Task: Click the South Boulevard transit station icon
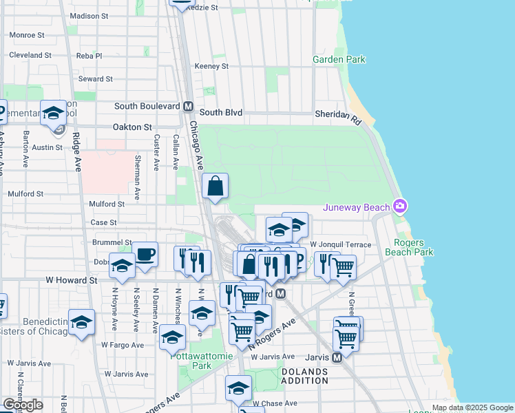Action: [x=187, y=107]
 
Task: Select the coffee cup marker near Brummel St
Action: [x=145, y=253]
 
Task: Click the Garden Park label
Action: [x=339, y=60]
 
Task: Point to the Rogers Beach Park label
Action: [x=414, y=247]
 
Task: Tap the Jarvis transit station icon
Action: [x=337, y=357]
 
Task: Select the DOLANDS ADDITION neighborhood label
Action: [x=304, y=377]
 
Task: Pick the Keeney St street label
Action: [x=211, y=66]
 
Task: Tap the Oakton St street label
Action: [x=132, y=127]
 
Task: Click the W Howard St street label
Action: [x=72, y=280]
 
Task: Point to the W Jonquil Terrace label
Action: [x=340, y=244]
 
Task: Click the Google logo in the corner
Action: [x=23, y=405]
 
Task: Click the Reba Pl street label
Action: [x=89, y=56]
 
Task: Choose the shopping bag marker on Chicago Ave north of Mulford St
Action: [x=215, y=186]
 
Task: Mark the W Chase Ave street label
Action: [x=275, y=403]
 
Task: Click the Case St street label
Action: [x=103, y=222]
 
